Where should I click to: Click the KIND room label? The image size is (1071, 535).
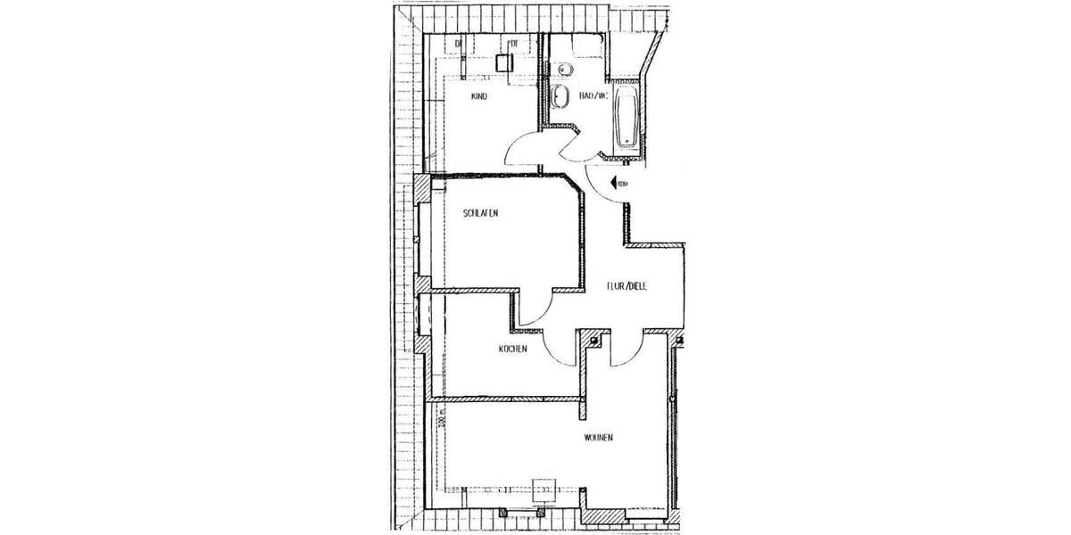click(x=478, y=96)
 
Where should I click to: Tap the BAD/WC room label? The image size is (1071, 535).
click(x=593, y=96)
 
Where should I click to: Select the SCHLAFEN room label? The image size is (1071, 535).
click(x=480, y=214)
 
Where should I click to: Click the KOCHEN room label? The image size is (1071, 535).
click(x=513, y=349)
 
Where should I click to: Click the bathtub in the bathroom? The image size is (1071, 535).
click(x=627, y=115)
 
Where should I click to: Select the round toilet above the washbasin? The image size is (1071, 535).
click(x=564, y=70)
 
